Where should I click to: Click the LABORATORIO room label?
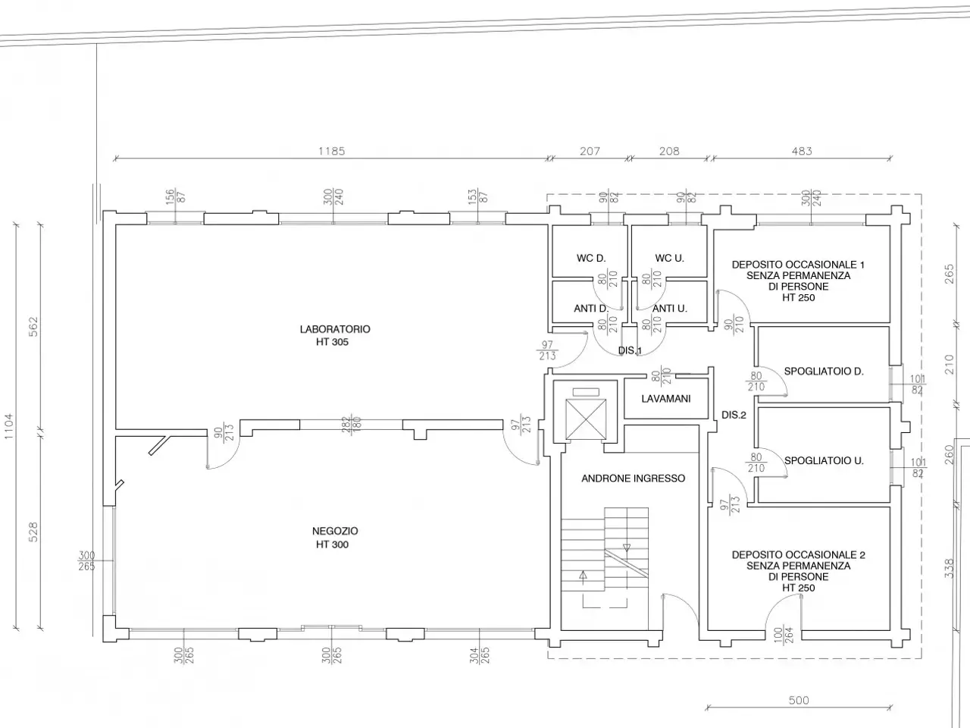tap(335, 329)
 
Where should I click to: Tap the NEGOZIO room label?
tap(335, 531)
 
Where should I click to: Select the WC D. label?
tap(591, 258)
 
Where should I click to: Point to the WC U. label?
tap(669, 258)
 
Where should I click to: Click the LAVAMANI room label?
tap(665, 399)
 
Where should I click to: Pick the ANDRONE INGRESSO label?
tap(634, 479)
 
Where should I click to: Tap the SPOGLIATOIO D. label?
tap(824, 372)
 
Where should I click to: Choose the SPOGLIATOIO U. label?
tap(824, 460)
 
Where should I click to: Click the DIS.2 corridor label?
tap(734, 415)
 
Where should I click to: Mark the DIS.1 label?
tap(630, 350)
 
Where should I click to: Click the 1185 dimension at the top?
tap(331, 151)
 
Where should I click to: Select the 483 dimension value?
tap(802, 151)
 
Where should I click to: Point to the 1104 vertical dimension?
tap(9, 426)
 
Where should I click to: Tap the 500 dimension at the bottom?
tap(799, 701)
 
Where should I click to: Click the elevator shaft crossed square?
tap(586, 419)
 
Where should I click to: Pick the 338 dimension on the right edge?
tap(950, 569)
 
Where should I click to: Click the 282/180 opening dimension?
tap(352, 425)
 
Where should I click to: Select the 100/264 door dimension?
tap(784, 635)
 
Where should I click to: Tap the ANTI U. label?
tap(669, 309)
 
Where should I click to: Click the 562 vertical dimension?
tap(33, 327)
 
